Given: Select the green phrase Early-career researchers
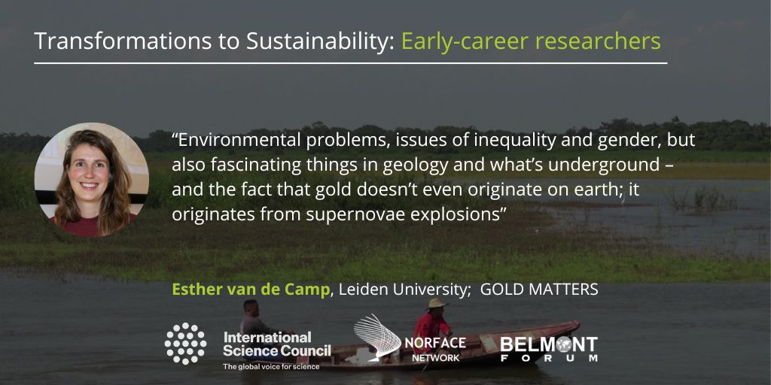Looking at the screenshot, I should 531,41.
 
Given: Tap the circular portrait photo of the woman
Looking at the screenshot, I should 91,180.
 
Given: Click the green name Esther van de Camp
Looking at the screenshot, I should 251,290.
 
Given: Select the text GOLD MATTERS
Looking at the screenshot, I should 539,290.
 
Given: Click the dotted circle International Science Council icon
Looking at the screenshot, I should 185,343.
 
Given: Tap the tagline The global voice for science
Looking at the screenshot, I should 270,367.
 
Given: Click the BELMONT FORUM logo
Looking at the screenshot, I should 549,349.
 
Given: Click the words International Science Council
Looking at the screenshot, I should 276,344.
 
